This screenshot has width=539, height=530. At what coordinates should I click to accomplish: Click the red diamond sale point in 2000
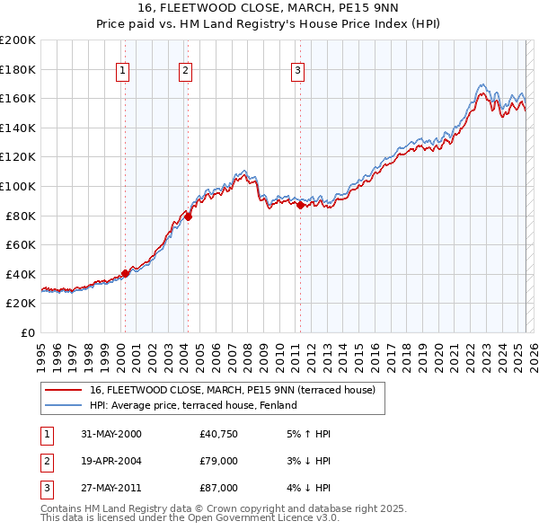coord(126,273)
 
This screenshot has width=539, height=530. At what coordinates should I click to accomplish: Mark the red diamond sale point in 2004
coord(189,216)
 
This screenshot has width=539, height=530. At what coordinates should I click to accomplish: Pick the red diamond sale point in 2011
coord(300,205)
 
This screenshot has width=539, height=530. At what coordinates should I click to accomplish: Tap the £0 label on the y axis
coord(26,332)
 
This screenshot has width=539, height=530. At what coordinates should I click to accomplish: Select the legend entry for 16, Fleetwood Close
coord(237,390)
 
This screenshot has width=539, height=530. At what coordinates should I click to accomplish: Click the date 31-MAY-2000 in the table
coord(111,434)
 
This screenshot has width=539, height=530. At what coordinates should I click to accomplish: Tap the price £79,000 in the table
coord(219,461)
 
